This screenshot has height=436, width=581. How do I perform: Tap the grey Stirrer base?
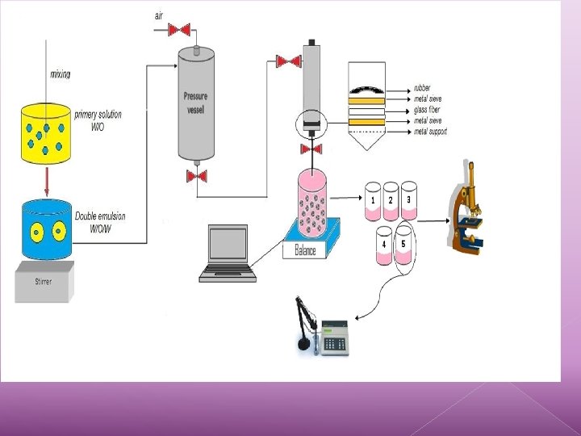(x=46, y=282)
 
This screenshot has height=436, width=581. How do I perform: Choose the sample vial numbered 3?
(x=409, y=200)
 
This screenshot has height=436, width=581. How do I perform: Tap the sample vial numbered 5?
(x=403, y=246)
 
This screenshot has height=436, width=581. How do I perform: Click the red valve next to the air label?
(x=179, y=30)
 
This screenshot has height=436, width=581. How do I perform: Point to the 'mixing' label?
(x=61, y=74)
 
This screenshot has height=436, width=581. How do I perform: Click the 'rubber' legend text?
(x=422, y=88)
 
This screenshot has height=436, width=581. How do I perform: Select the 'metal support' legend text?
(x=430, y=132)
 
